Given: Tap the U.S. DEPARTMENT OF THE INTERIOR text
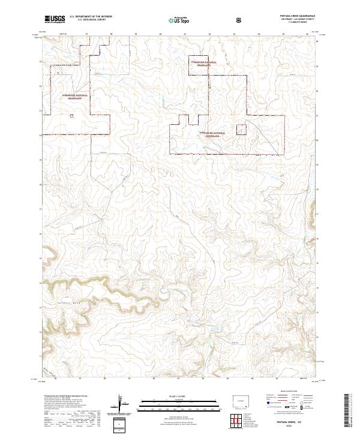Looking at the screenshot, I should (91, 17).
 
